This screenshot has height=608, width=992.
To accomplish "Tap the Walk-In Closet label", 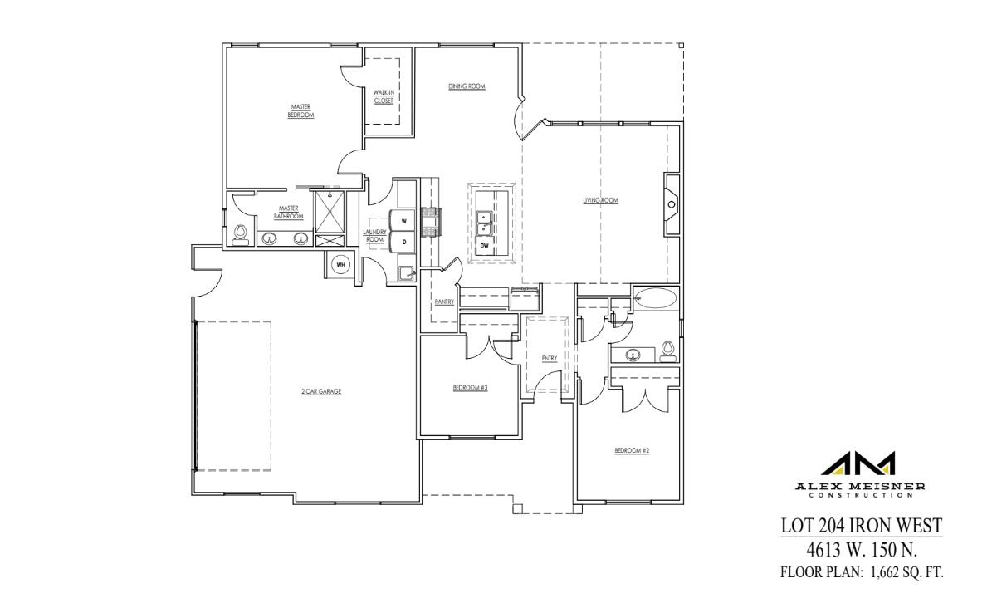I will [383, 96].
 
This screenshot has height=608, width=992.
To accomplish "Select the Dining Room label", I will [467, 86].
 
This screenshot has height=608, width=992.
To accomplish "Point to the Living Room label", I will [600, 200].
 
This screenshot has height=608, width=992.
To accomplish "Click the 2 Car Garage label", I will [321, 391].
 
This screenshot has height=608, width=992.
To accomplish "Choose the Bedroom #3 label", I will [470, 388].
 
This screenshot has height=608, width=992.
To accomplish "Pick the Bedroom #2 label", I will [631, 451].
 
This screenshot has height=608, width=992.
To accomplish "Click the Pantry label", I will [444, 302].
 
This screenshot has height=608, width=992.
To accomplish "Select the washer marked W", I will [403, 222].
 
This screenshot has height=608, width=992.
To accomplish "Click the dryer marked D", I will [403, 242].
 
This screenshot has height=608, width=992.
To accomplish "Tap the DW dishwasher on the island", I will [484, 245].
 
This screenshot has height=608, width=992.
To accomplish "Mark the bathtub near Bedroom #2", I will [656, 298].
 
